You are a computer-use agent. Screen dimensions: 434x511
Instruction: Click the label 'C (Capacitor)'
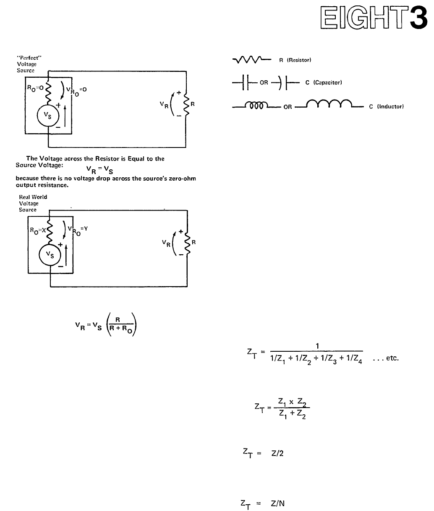tap(324, 82)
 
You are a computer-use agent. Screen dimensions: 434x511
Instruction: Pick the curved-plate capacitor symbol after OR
tap(287, 83)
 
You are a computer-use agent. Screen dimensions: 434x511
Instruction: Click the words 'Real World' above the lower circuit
tap(33, 197)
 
